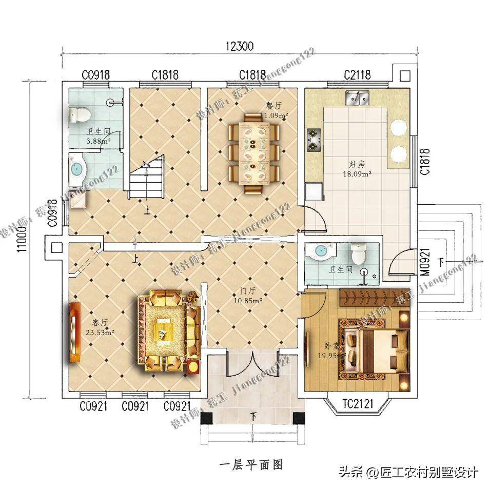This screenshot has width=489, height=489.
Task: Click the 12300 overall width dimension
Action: pos(239,46)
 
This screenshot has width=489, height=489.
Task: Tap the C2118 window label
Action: pos(357,75)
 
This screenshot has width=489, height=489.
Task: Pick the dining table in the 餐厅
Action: pos(254,153)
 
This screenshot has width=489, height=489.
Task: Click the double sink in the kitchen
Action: pos(358,96)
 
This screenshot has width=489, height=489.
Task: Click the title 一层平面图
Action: pos(251,464)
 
